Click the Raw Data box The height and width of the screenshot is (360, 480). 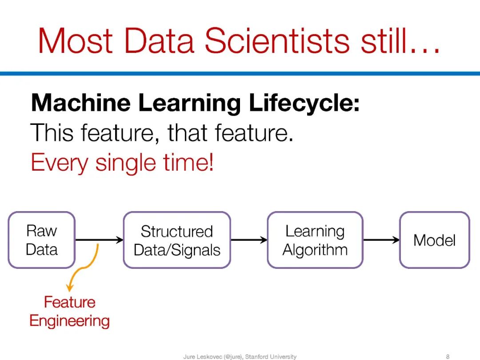(x=42, y=240)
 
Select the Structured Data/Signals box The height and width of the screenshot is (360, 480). (x=177, y=240)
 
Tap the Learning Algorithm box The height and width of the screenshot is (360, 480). (x=315, y=240)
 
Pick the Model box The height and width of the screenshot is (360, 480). (x=435, y=240)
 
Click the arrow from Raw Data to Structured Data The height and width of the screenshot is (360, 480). (x=99, y=240)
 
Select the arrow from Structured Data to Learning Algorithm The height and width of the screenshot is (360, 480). (x=249, y=240)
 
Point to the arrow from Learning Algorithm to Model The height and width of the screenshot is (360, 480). (x=381, y=240)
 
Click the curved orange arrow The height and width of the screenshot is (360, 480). (x=82, y=268)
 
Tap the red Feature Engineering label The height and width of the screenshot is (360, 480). (x=70, y=312)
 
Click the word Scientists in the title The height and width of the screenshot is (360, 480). (x=277, y=41)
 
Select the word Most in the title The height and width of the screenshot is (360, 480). (x=76, y=41)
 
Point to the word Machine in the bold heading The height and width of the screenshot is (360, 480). (x=81, y=103)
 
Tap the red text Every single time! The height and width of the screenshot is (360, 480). (x=122, y=163)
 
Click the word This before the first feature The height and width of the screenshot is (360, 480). (x=52, y=132)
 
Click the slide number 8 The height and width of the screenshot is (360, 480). (x=448, y=356)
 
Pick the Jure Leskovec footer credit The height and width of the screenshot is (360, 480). (x=240, y=356)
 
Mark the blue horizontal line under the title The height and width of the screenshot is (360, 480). (x=240, y=73)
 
